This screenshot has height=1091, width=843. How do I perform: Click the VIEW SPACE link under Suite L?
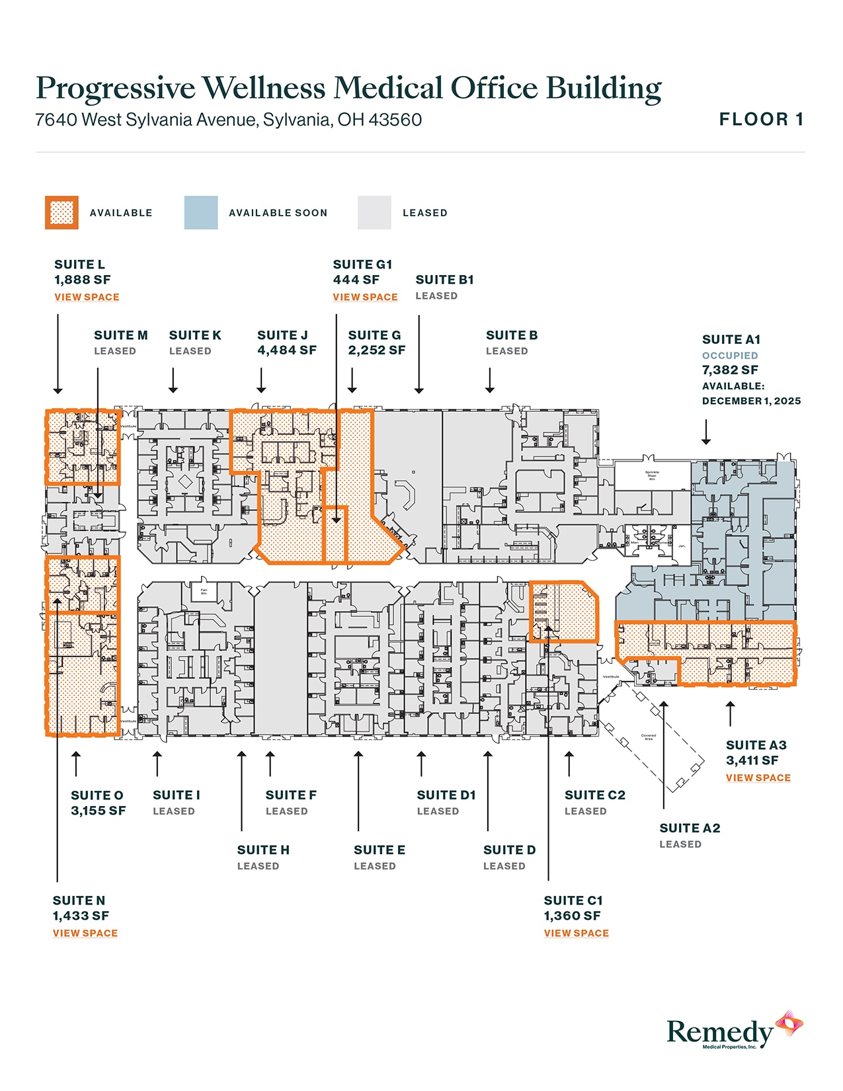87,298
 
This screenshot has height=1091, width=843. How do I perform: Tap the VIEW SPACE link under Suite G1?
365,298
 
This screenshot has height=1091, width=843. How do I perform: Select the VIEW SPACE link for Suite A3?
758,778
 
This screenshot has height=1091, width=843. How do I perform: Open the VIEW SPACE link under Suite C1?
576,934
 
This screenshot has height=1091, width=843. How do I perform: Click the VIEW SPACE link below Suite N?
85,934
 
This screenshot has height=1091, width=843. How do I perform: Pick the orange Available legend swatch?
61,213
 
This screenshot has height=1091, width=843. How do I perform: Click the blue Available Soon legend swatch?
201,213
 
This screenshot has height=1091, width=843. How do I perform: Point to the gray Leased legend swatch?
374,213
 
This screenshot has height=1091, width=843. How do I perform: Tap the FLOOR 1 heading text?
761,120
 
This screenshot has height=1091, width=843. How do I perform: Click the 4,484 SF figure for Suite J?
287,350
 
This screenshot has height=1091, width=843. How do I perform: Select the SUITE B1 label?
444,280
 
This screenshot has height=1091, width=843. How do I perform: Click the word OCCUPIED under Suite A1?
729,356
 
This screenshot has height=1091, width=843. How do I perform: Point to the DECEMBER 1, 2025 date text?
751,401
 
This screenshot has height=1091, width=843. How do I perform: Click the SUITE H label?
263,850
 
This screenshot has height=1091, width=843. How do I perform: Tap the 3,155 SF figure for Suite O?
98,811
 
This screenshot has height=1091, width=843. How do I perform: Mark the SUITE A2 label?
690,828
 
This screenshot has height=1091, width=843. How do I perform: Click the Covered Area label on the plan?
649,737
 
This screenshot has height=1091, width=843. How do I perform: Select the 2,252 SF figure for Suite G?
376,350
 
